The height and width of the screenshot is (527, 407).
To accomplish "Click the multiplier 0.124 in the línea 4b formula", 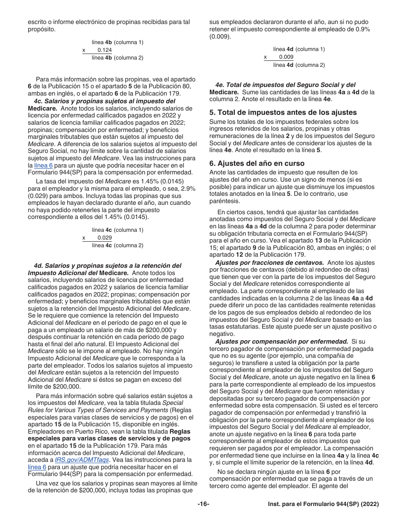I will pyautogui.click(x=105, y=50).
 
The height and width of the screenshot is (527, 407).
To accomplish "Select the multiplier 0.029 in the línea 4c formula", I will pyautogui.click(x=105, y=238).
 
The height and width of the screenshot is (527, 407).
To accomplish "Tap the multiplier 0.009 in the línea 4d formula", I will pyautogui.click(x=286, y=57).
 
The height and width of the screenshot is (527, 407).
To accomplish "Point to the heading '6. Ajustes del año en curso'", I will pyautogui.click(x=257, y=163).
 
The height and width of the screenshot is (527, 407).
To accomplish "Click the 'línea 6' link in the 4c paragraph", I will pyautogui.click(x=43, y=165).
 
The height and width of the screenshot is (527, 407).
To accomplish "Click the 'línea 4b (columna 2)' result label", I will pyautogui.click(x=117, y=58).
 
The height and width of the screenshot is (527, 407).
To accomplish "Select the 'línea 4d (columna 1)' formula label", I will pyautogui.click(x=299, y=49).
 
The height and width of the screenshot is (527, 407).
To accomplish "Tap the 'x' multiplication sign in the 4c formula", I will pyautogui.click(x=84, y=238).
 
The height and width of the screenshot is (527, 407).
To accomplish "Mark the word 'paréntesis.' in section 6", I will pyautogui.click(x=224, y=201).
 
